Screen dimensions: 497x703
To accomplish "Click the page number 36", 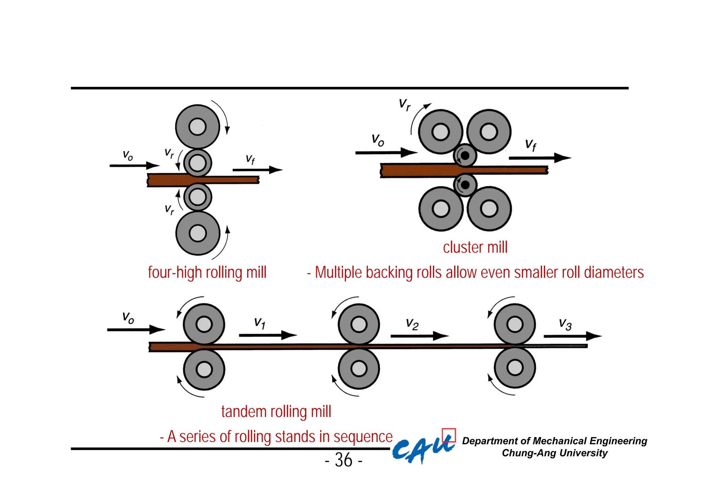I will (x=344, y=460).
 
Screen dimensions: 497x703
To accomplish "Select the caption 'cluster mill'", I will (x=475, y=247).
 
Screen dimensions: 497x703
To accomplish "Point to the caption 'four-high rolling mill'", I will (x=207, y=273).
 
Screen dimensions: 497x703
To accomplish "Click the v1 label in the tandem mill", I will (x=260, y=323).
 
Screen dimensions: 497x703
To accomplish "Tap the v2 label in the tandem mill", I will (x=412, y=324).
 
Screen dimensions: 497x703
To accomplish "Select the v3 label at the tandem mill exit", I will (x=565, y=324).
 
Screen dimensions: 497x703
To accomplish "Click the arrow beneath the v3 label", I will (x=572, y=336).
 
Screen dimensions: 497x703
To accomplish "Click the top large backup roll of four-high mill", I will (x=197, y=127).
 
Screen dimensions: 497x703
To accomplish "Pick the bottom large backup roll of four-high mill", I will (x=197, y=233).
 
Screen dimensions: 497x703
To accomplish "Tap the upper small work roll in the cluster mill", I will (x=465, y=155).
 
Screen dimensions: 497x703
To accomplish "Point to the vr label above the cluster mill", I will (x=405, y=104).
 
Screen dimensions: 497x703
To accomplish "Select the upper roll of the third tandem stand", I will (x=515, y=324).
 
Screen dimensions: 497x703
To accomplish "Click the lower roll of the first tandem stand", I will (x=204, y=370).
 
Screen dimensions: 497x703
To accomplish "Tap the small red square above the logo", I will (x=449, y=435).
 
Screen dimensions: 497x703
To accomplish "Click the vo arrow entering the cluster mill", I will (x=386, y=152).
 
